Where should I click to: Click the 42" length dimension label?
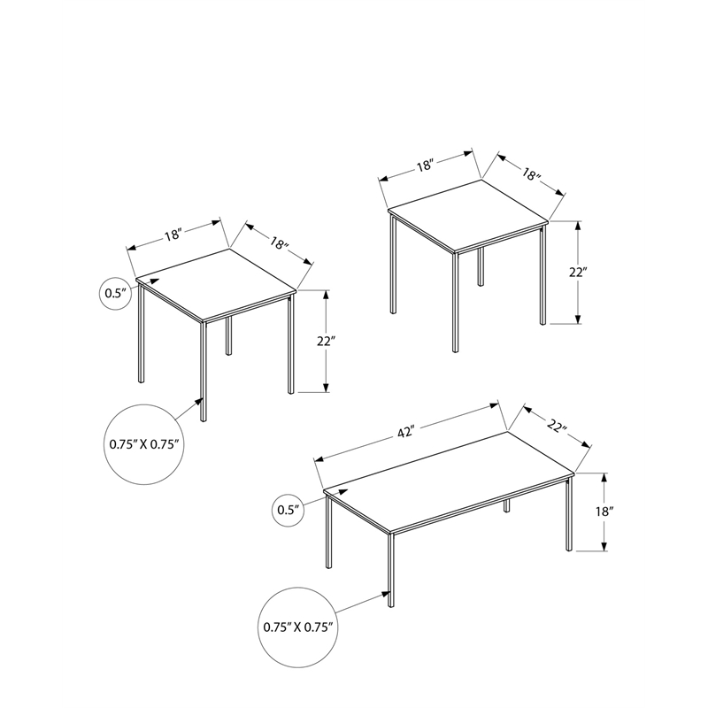tap(406, 433)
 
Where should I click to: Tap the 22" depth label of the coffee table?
tap(556, 427)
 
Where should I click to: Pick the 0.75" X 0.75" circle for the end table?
tap(146, 444)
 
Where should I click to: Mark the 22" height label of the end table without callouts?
tap(578, 272)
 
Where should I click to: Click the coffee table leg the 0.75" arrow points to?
tap(390, 575)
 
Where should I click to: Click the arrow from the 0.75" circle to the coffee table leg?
tap(363, 602)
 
